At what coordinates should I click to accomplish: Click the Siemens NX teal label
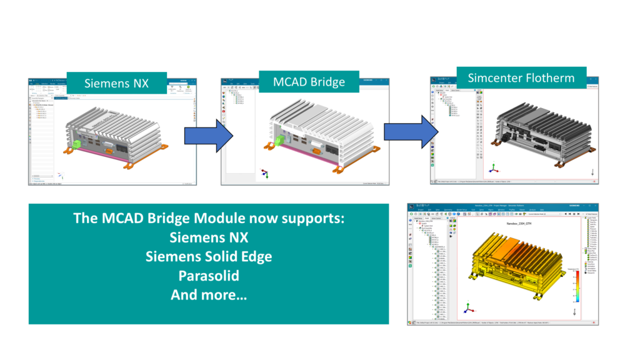[x=116, y=83]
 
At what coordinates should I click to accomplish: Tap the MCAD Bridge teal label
[x=310, y=82]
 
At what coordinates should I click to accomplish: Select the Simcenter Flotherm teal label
[x=522, y=78]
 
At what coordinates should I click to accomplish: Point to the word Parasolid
[x=209, y=276]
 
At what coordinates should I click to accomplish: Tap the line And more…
[x=209, y=294]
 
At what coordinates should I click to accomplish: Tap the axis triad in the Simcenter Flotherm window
[x=493, y=168]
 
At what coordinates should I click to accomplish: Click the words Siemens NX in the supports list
[x=209, y=237]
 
